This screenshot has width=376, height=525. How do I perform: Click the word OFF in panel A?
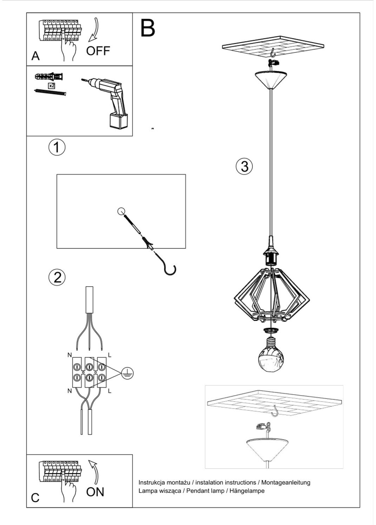98,51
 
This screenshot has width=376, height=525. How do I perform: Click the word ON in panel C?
95,492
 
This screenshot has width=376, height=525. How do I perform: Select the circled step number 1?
57,147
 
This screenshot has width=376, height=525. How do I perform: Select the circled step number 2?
57,277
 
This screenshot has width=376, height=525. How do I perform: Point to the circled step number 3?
244,166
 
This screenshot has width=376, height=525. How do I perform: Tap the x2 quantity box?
51,85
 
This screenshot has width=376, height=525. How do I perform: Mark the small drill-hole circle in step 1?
121,211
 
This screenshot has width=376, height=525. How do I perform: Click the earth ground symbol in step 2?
127,373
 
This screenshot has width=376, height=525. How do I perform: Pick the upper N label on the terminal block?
69,355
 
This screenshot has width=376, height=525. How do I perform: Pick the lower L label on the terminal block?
110,391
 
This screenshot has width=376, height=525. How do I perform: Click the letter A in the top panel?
35,56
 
